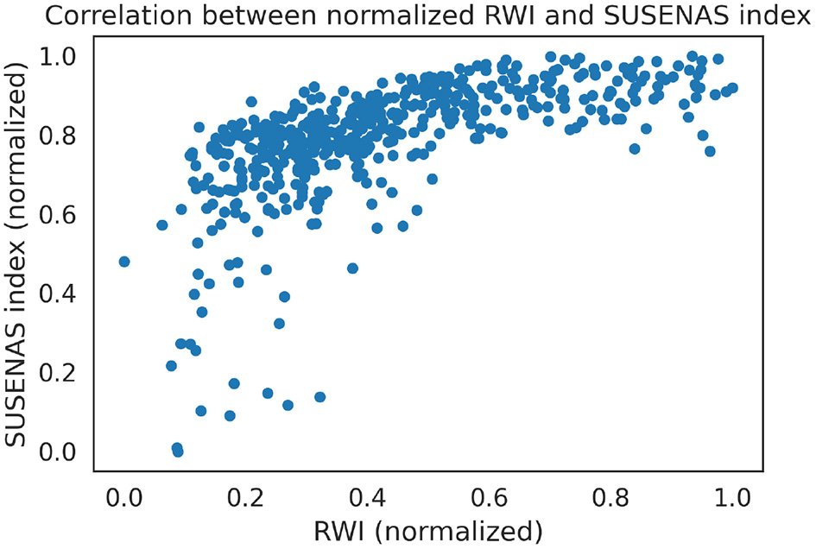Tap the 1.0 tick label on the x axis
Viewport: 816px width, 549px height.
click(732, 497)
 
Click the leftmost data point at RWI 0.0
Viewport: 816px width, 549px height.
click(124, 262)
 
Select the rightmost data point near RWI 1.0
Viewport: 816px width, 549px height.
click(732, 88)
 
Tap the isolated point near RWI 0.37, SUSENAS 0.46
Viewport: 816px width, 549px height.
click(352, 268)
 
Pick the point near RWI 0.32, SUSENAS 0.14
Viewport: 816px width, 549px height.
click(319, 397)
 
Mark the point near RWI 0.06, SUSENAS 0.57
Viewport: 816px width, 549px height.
click(161, 225)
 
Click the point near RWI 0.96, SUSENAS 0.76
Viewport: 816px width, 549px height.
click(710, 151)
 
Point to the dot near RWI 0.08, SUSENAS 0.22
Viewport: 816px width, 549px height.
click(171, 366)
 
